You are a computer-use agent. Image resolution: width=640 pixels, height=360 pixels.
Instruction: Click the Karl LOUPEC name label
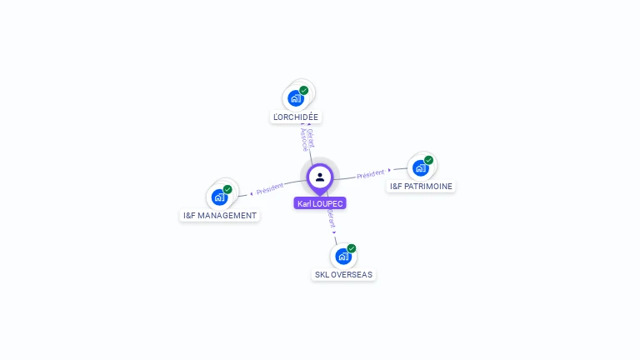click(320, 203)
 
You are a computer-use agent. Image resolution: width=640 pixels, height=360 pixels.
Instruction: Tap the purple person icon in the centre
click(320, 177)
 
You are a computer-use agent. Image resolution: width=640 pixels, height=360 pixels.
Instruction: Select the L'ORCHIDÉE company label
click(296, 117)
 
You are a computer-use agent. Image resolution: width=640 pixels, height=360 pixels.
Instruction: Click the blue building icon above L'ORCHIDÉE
click(295, 98)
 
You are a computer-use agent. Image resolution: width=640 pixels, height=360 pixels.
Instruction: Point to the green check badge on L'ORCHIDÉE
click(304, 90)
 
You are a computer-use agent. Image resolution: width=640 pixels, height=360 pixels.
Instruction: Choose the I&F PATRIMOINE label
click(422, 187)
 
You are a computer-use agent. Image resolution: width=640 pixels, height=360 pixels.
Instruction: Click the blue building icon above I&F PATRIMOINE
click(420, 168)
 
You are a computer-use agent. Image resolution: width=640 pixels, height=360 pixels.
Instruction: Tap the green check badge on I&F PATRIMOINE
click(428, 160)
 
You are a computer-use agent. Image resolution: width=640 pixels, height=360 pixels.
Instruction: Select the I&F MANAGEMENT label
click(220, 216)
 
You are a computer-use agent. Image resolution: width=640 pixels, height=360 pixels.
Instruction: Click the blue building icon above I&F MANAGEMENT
click(219, 197)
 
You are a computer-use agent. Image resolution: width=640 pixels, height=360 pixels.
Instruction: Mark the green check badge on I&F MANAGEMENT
click(227, 189)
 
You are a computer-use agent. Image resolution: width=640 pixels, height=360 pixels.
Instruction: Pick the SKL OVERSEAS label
click(343, 274)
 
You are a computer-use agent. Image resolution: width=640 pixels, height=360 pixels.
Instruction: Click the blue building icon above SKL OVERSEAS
click(342, 257)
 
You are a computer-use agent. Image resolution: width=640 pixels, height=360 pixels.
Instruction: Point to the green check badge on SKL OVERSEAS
click(352, 248)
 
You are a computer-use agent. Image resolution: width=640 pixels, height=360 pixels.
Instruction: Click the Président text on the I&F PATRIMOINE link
click(371, 174)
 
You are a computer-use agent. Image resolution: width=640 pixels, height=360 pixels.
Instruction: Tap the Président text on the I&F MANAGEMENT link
click(270, 189)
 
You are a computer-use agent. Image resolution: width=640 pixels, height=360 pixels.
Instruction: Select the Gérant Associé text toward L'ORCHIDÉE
click(307, 140)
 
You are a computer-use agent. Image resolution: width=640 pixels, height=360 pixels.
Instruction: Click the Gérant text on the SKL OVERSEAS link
click(331, 219)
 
